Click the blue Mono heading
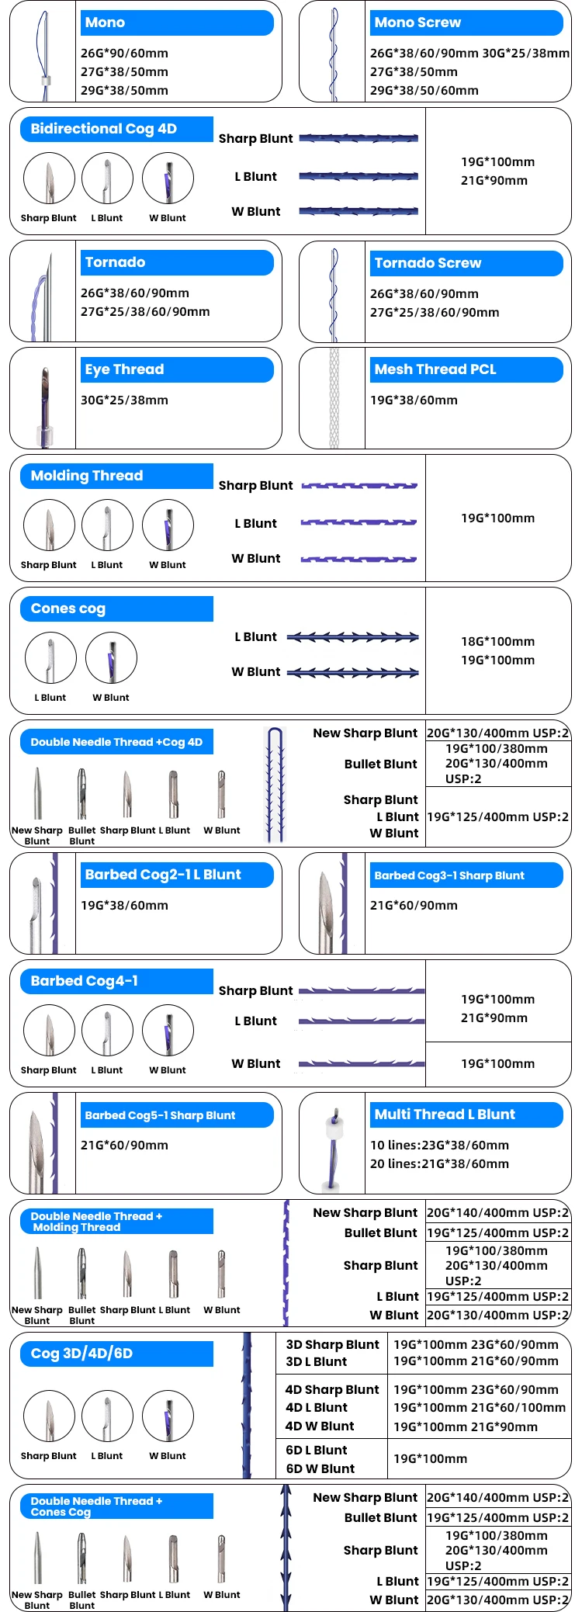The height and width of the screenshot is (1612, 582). (x=177, y=23)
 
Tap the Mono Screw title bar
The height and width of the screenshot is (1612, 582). (x=466, y=23)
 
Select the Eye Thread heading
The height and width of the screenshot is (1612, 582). (x=177, y=369)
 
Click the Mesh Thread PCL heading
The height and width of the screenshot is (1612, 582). (x=466, y=369)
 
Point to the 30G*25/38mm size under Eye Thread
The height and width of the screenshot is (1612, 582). (x=124, y=400)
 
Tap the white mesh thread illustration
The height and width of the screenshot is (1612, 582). (x=334, y=398)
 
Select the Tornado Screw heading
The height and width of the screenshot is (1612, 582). (x=466, y=263)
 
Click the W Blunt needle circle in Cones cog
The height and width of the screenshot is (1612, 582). (x=111, y=658)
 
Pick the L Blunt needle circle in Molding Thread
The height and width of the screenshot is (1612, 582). (x=107, y=525)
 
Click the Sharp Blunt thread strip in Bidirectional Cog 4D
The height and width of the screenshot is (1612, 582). (x=359, y=139)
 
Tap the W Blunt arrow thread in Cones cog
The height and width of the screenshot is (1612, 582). (x=353, y=672)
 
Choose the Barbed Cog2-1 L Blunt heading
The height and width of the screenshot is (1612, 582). (x=177, y=875)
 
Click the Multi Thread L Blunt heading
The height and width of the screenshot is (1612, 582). (x=466, y=1115)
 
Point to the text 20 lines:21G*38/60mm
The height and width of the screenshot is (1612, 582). (x=439, y=1164)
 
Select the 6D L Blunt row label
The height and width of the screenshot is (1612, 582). (x=317, y=1451)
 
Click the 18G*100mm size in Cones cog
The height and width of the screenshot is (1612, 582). (x=497, y=642)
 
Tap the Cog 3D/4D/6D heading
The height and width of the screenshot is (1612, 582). (x=116, y=1354)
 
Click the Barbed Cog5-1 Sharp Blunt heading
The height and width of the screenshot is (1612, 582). (x=177, y=1115)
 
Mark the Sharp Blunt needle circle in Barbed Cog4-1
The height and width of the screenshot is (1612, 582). (x=49, y=1031)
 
